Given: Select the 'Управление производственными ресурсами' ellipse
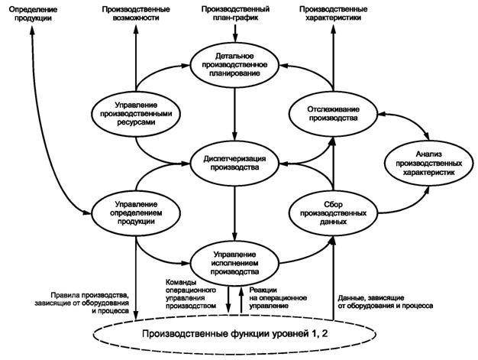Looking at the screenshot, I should (x=137, y=112).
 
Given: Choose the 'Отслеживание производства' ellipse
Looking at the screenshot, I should (x=334, y=113).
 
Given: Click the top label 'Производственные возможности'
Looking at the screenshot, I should (x=137, y=13).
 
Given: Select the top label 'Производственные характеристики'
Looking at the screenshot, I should (x=334, y=13).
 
